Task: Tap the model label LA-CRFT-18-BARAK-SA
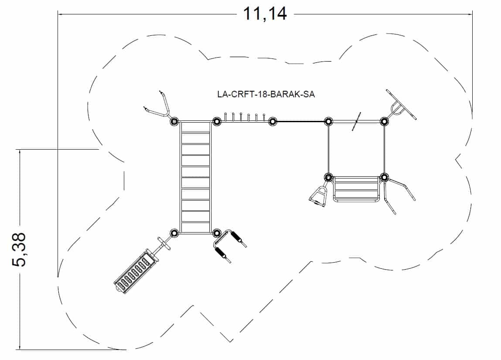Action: (266, 94)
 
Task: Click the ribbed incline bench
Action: (135, 271)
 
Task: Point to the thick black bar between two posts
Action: (300, 121)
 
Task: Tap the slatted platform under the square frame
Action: (356, 189)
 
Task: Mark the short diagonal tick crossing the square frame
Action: (357, 121)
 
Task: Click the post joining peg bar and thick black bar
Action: (273, 121)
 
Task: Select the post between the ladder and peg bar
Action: (216, 121)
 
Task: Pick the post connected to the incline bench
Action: (174, 233)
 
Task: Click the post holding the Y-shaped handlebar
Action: (174, 121)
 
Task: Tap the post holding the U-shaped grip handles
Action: (217, 233)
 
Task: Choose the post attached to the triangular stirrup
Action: (329, 177)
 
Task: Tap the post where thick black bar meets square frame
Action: (328, 121)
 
